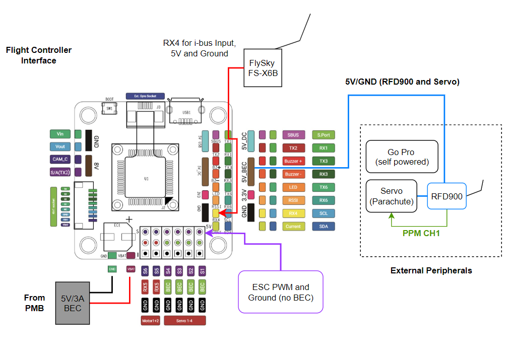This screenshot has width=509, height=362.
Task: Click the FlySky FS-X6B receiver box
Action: coord(263,67)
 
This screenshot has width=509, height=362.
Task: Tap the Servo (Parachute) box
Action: coord(391,196)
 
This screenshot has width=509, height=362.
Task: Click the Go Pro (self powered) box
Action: coord(402,157)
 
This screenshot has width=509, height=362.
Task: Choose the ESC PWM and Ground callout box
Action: coord(280,292)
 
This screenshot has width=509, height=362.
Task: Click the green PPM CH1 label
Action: coord(421,234)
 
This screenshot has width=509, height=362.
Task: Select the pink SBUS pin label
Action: coord(293,135)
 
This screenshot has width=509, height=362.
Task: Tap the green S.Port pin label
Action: coord(323,135)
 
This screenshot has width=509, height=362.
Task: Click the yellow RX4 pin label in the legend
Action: coord(293,213)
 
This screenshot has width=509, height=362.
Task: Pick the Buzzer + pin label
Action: coord(293,161)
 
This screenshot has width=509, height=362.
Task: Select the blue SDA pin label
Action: coord(323,227)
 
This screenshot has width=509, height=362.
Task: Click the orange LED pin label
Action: coord(293,187)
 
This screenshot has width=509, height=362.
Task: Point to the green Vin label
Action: coord(60,134)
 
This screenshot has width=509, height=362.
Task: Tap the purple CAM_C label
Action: coord(60,160)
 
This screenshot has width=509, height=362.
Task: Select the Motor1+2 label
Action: coord(151,320)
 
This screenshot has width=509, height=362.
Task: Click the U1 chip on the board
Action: coord(146,178)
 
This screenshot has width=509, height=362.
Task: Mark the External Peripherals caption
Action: coord(431,271)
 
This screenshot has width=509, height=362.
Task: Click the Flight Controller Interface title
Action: coord(39,55)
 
